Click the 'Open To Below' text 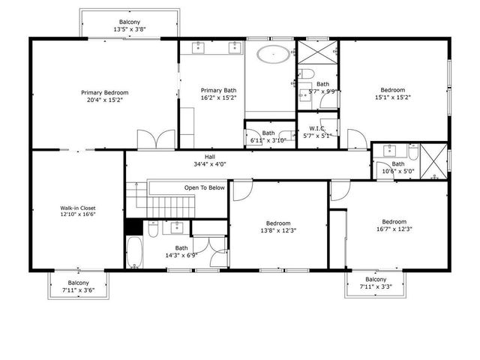pos(205,187)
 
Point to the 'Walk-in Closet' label pos(78,208)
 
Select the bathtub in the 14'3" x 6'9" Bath pos(134,253)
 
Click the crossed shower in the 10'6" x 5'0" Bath pos(433,160)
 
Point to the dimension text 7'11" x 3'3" pos(374,286)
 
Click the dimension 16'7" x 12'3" pos(394,229)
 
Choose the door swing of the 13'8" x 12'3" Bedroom pos(242,191)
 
